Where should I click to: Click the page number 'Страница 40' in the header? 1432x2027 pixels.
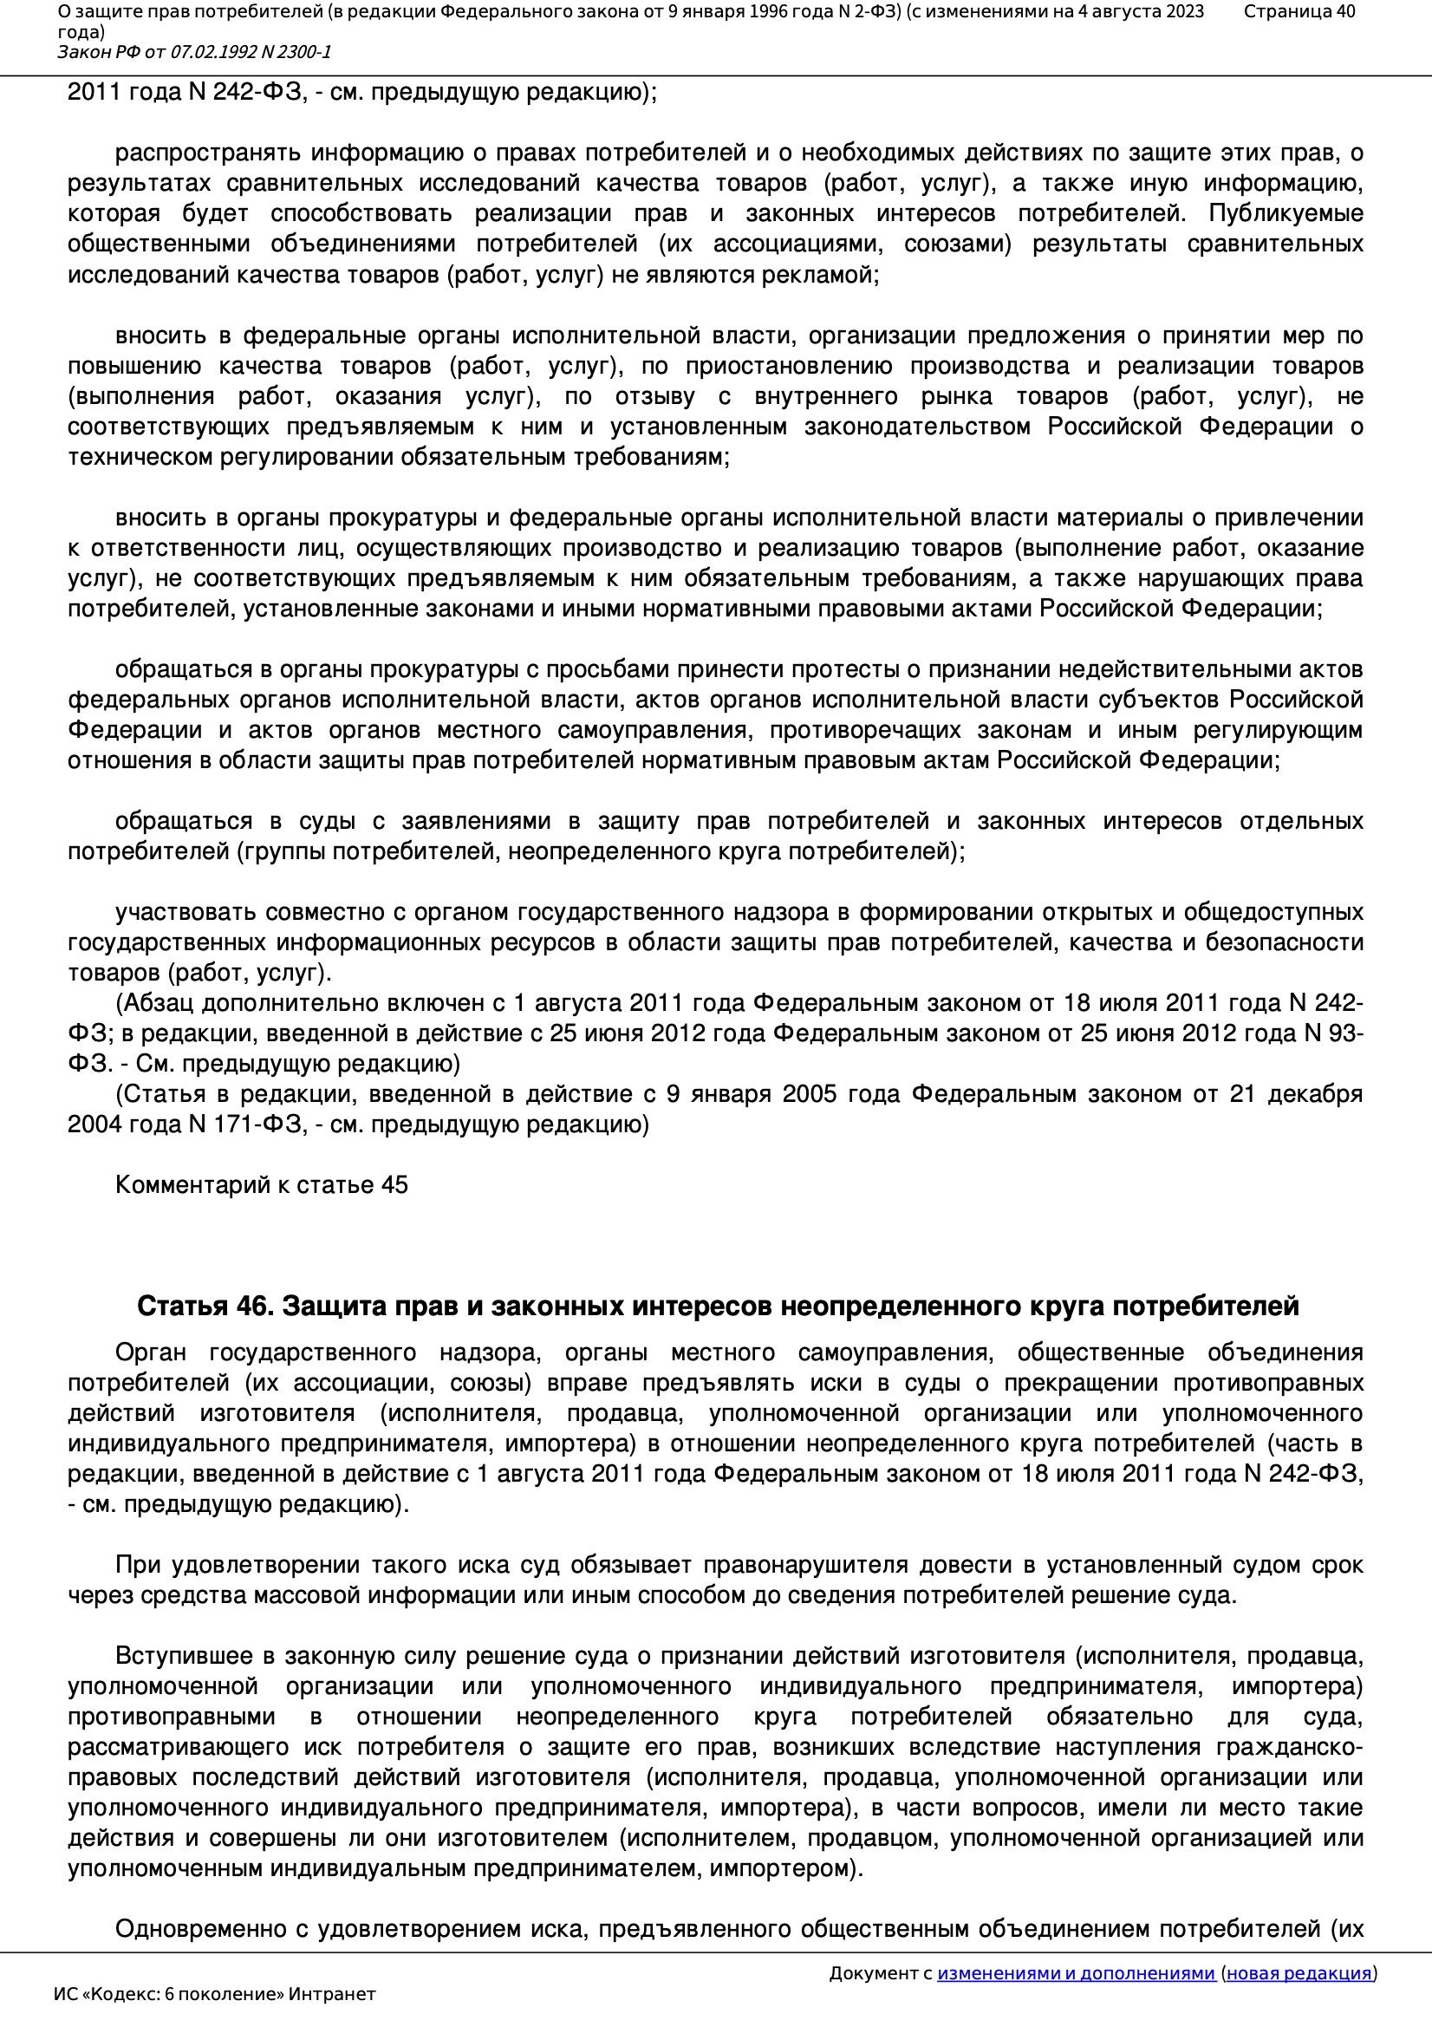[1299, 11]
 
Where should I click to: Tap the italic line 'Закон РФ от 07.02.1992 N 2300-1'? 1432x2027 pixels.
[194, 52]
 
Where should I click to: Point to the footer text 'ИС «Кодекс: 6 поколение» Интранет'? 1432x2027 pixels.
[214, 1994]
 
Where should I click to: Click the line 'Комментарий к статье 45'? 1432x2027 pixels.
[261, 1185]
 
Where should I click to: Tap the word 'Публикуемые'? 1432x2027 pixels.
[1286, 213]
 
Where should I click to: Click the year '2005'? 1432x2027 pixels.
[807, 1095]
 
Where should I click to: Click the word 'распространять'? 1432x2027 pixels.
[206, 153]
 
